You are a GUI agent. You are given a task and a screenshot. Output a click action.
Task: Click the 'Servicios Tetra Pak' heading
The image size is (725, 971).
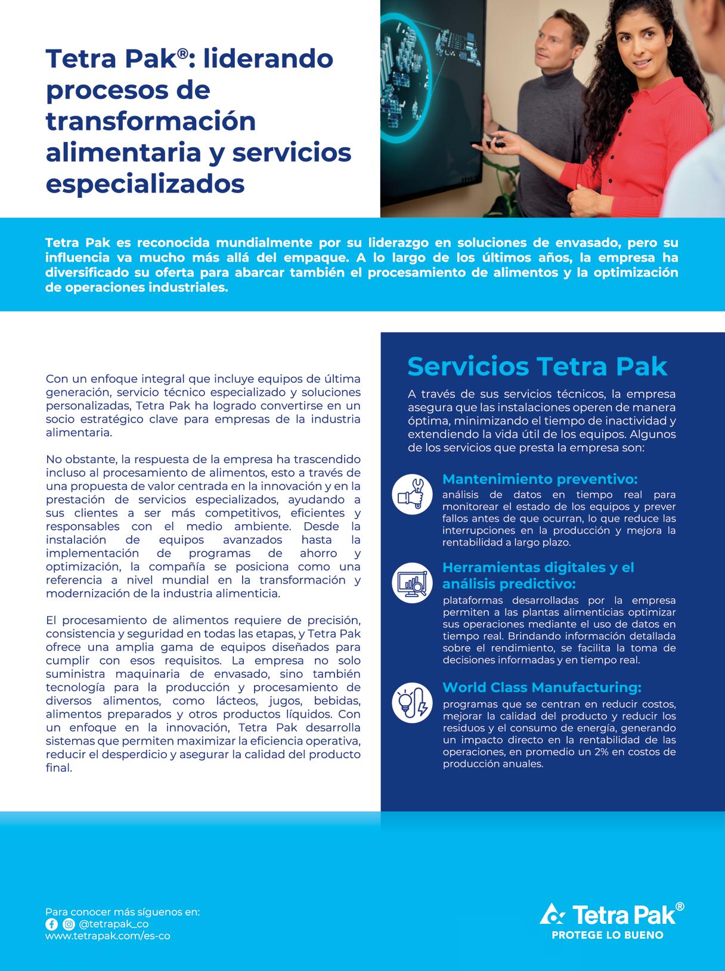[x=537, y=367]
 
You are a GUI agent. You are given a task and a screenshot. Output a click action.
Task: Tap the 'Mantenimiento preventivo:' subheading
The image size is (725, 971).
[x=540, y=479]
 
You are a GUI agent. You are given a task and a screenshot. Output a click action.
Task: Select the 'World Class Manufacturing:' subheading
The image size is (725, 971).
[x=541, y=687]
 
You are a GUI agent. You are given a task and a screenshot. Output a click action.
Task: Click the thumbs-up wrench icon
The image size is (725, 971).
[x=412, y=494]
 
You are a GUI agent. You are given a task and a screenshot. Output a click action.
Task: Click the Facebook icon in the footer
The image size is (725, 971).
[x=51, y=924]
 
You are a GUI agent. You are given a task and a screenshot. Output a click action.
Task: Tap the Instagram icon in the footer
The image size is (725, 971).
[x=69, y=924]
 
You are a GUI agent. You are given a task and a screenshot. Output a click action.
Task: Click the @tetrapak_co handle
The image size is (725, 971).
[x=113, y=924]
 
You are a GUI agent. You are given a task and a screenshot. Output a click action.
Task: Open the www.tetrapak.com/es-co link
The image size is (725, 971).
[x=107, y=936]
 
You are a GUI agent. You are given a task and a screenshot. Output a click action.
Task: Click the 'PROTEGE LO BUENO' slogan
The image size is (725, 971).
[x=608, y=935]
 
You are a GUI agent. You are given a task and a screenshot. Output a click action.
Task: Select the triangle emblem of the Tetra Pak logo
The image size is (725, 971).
[x=552, y=913]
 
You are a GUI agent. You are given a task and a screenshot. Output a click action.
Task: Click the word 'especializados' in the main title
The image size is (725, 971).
[x=145, y=183]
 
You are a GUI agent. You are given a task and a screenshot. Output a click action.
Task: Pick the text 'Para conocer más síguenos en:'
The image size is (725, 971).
[x=122, y=912]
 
